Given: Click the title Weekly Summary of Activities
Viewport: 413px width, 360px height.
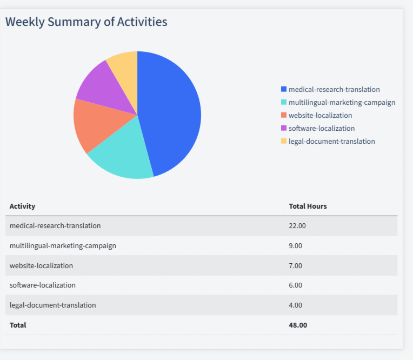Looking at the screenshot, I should (86, 22).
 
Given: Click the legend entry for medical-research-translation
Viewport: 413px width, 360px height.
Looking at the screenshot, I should (334, 89).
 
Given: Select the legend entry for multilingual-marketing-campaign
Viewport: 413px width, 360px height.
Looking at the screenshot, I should (341, 102).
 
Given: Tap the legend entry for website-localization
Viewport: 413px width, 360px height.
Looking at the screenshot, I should (320, 115).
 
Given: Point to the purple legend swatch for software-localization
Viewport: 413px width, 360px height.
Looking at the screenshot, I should (284, 128).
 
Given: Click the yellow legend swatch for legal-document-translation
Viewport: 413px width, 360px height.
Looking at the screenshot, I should (284, 141).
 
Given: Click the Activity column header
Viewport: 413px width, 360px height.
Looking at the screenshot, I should (22, 206).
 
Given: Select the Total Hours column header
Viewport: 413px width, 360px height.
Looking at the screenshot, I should (308, 206).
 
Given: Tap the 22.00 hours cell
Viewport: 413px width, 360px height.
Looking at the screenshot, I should (297, 225).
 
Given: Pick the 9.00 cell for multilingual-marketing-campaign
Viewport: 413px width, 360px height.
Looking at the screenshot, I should (296, 245).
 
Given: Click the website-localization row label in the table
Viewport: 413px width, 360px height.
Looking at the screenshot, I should (41, 265).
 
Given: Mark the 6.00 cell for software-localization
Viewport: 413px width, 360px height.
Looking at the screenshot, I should (296, 285).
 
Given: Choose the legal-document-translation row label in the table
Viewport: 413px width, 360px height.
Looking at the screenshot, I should (52, 305).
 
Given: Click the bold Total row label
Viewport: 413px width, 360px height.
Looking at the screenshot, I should (18, 325).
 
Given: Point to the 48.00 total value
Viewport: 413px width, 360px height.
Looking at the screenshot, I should (298, 325).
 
